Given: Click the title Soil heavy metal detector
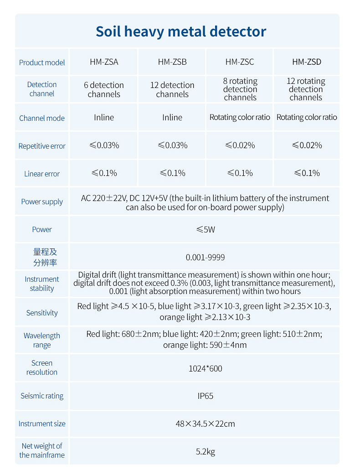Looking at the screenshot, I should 180,31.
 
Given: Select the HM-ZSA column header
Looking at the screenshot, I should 104,62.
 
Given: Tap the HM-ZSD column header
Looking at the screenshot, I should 307,62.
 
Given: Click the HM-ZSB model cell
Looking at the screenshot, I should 172,62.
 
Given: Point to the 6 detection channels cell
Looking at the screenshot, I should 104,89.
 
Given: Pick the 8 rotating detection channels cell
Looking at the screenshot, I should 240,89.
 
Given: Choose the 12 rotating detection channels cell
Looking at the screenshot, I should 306,89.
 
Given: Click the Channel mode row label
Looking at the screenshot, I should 42,118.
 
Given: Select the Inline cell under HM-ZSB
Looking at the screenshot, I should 172,118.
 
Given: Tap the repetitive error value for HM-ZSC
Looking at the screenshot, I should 240,145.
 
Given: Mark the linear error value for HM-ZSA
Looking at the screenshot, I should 104,173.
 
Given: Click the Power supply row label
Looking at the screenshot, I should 42,201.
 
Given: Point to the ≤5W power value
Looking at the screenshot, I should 205,229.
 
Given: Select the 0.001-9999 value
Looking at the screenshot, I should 205,258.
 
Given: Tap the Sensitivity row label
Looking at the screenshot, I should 42,313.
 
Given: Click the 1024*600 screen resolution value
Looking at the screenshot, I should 205,368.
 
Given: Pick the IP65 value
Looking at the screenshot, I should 205,396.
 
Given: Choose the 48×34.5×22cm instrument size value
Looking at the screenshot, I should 205,423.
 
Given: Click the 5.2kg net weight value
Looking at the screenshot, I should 205,451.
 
